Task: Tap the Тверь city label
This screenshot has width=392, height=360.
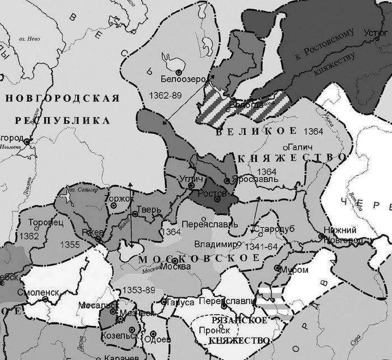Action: (x=151, y=210)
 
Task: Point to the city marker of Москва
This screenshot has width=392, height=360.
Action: (x=175, y=261)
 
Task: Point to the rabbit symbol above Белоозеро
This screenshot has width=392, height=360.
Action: (x=169, y=58)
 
